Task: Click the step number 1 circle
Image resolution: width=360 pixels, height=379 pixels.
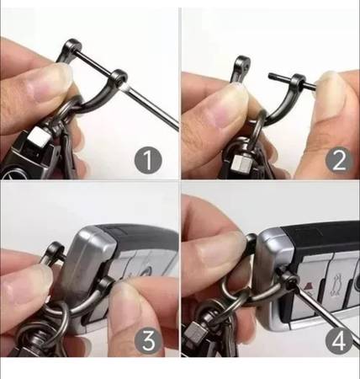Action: [x=148, y=160]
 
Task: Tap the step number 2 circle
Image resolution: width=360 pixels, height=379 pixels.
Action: [x=339, y=160]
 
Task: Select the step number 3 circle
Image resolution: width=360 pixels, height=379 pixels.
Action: [x=148, y=340]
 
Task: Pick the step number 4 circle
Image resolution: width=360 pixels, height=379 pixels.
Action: [x=339, y=340]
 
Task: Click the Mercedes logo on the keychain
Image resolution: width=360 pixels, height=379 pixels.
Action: [x=11, y=172]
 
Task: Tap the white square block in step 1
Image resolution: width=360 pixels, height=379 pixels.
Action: [x=36, y=135]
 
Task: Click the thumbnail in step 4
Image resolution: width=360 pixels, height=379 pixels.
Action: [x=221, y=253]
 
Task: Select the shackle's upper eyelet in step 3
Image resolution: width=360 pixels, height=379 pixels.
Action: [x=56, y=250]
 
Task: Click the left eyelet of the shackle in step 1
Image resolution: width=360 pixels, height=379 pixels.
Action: [x=72, y=46]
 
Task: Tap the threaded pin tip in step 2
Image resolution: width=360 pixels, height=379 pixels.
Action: [x=272, y=76]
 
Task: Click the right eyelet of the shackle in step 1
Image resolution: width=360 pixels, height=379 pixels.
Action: [x=119, y=77]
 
